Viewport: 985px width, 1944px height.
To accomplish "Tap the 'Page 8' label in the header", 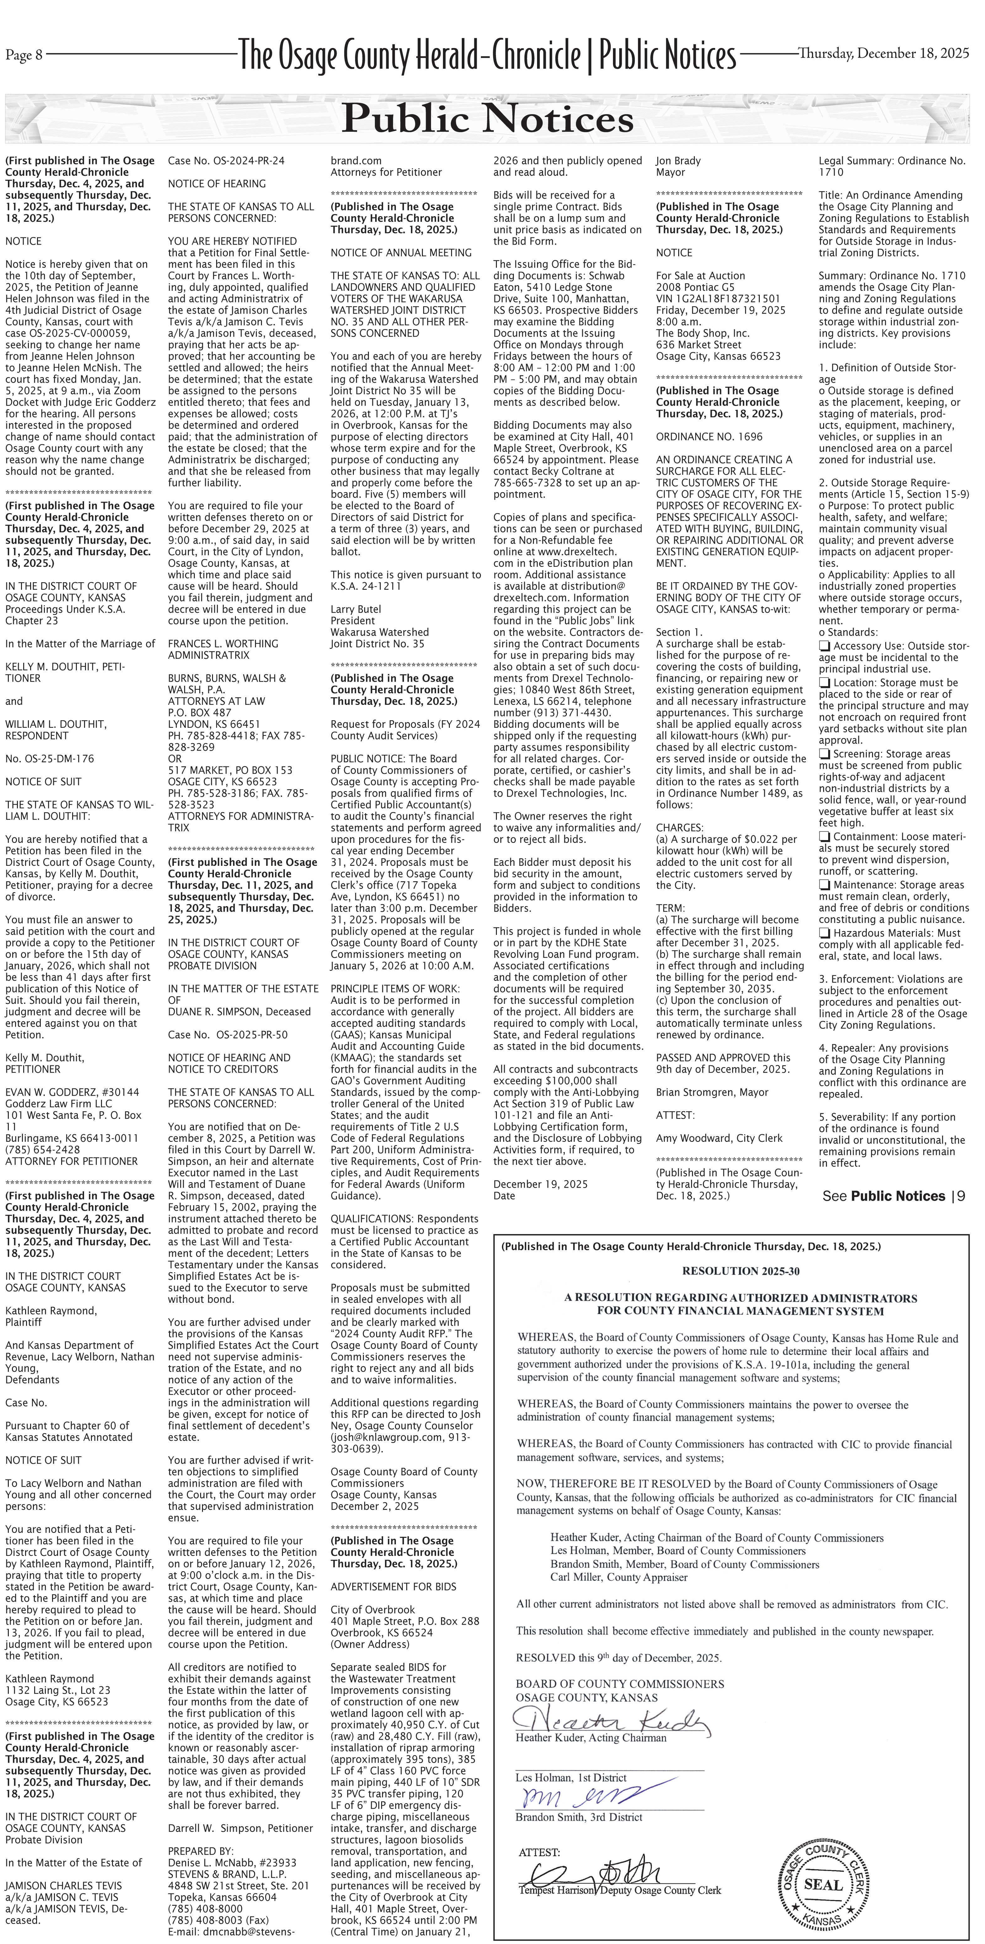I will click(x=24, y=54).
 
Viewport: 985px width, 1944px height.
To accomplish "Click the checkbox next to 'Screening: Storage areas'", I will click(x=824, y=754).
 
